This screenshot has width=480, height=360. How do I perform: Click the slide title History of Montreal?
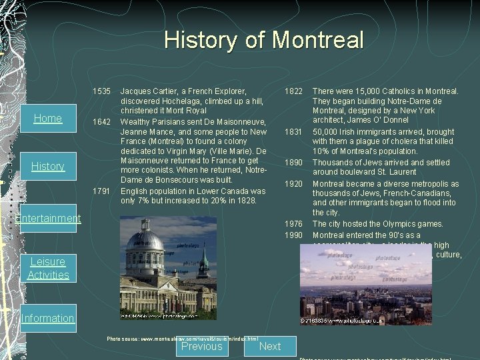pos(264,40)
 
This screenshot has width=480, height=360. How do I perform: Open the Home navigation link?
pos(48,118)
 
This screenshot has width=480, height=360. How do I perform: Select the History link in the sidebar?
pos(48,166)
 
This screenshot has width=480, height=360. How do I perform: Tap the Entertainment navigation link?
pos(48,218)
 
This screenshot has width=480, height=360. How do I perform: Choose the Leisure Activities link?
pos(48,268)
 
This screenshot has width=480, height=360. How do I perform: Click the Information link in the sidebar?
pos(48,318)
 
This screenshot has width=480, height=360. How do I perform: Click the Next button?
pos(269,346)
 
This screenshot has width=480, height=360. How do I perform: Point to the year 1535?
pos(102,91)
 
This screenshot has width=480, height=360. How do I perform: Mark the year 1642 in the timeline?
pos(102,122)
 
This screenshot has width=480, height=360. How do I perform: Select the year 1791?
pos(102,191)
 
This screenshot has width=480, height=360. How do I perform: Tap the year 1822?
pos(294,91)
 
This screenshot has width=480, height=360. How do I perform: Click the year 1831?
pos(294,132)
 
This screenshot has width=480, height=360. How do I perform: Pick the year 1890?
pos(294,162)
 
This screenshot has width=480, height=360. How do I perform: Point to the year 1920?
pos(294,184)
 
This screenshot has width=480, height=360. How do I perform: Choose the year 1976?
pos(294,224)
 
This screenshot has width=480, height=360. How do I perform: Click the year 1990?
pos(294,235)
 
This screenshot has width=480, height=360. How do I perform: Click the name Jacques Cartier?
pos(149,91)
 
